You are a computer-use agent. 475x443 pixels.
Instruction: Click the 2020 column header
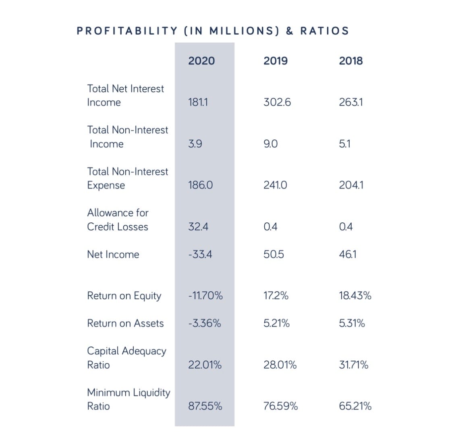coord(201,61)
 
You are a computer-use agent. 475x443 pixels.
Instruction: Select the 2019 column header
coord(276,61)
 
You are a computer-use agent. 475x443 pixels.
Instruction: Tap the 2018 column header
coord(351,61)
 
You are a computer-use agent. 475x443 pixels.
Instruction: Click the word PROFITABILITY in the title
coord(127,31)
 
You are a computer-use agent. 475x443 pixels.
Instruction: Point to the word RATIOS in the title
coord(325,31)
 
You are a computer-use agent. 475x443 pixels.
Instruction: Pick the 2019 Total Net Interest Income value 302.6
coord(277,102)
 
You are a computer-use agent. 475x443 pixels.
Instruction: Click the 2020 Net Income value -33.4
coord(200,255)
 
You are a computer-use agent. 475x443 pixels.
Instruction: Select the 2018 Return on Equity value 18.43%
coord(355,296)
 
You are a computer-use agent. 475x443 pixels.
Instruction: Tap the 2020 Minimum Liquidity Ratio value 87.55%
coord(205,406)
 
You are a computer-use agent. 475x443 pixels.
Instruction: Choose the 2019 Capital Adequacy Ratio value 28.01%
coord(280,365)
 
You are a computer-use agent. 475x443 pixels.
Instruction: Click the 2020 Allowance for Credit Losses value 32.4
coord(198,227)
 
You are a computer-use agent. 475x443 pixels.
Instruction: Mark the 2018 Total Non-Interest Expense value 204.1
coord(351,185)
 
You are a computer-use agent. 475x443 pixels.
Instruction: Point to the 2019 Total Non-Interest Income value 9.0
coord(271,144)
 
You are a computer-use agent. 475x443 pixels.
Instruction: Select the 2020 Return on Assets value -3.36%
coord(205,323)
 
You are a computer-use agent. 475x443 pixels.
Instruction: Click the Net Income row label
coord(113,255)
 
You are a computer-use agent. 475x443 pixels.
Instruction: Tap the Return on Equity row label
coord(124,296)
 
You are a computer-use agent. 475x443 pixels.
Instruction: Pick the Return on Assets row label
coord(125,323)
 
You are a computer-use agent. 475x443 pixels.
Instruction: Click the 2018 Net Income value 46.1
coord(348,255)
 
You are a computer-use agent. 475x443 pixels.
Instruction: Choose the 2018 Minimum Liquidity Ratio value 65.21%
coord(355,406)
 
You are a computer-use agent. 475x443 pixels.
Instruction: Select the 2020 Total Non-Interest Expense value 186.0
coord(200,185)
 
